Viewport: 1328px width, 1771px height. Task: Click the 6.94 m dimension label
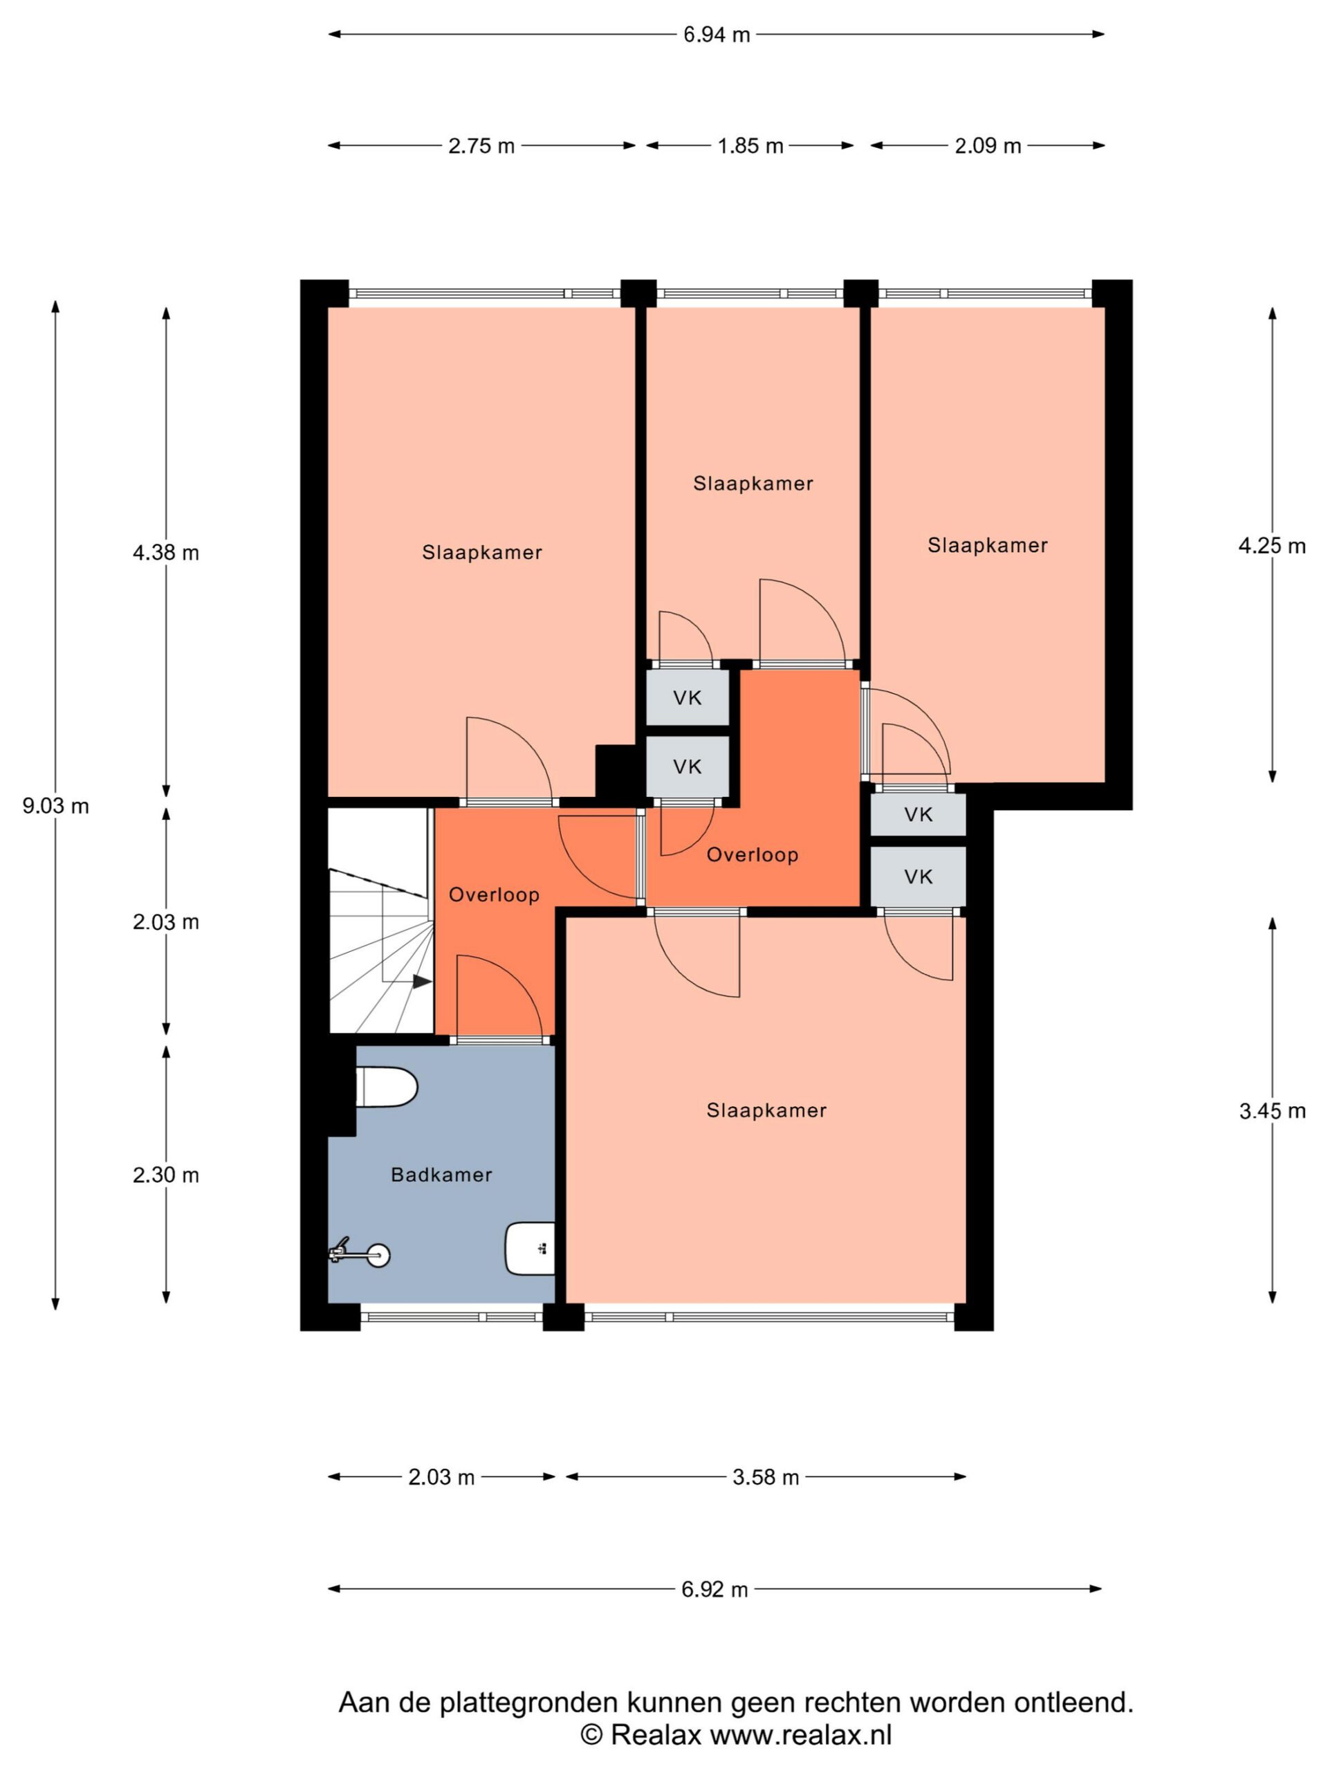coord(717,35)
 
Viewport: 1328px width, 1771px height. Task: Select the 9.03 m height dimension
coord(55,806)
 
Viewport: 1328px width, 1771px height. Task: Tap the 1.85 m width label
coord(750,147)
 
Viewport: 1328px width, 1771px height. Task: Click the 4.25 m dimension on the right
coord(1271,546)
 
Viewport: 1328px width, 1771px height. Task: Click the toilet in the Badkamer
coord(387,1088)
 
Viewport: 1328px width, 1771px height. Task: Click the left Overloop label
coord(494,895)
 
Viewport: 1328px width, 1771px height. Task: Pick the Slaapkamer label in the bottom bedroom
coord(766,1110)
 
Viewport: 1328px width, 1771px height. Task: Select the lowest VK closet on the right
coord(918,877)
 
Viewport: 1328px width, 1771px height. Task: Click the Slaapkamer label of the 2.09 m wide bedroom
coord(987,546)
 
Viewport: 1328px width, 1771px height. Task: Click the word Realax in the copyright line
coord(656,1734)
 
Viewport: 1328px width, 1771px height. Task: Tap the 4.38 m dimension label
coord(166,553)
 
